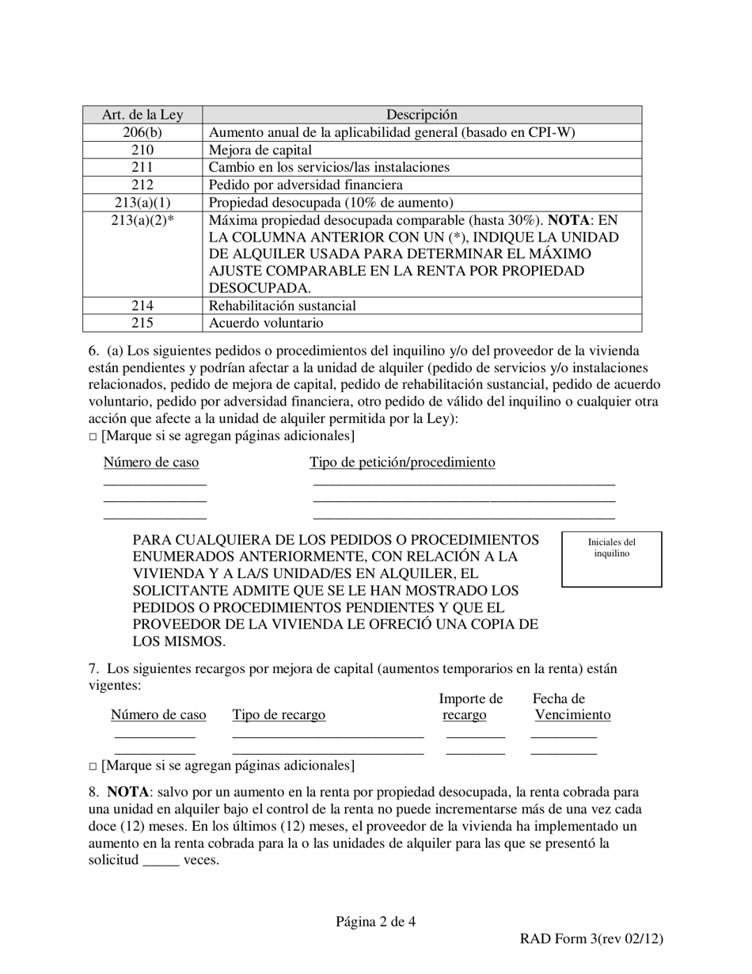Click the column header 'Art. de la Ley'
(142, 115)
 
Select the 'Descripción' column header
(421, 115)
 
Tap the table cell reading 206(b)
(142, 132)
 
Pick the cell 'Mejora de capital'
(260, 150)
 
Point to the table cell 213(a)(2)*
(142, 220)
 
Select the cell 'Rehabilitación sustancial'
(282, 306)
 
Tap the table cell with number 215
(142, 323)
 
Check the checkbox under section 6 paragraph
(93, 436)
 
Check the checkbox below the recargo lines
(93, 767)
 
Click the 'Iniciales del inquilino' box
(611, 559)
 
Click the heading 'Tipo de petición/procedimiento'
(402, 462)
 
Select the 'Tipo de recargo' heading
(279, 715)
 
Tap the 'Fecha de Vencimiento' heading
(572, 707)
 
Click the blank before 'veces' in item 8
(161, 862)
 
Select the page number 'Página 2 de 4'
(375, 921)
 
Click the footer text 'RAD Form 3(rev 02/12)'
(591, 939)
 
